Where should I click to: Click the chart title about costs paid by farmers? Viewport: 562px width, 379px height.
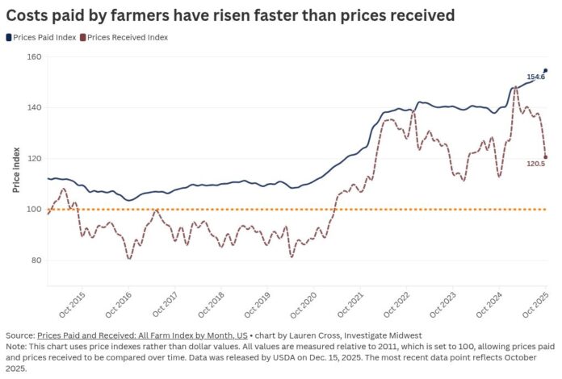229,15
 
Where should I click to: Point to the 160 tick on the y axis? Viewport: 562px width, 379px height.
33,56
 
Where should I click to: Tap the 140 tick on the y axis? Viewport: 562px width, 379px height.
33,107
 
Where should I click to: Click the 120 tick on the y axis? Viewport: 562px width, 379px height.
33,158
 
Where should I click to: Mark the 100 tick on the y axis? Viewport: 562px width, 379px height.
33,210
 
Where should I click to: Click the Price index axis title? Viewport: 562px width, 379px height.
16,171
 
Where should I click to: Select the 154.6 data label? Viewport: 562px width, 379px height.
535,77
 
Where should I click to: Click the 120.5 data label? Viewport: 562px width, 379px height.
535,164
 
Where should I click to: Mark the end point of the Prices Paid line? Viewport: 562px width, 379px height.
546,70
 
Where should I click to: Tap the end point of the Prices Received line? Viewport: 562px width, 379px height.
546,157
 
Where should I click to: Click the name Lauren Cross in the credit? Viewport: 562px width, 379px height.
288,335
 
